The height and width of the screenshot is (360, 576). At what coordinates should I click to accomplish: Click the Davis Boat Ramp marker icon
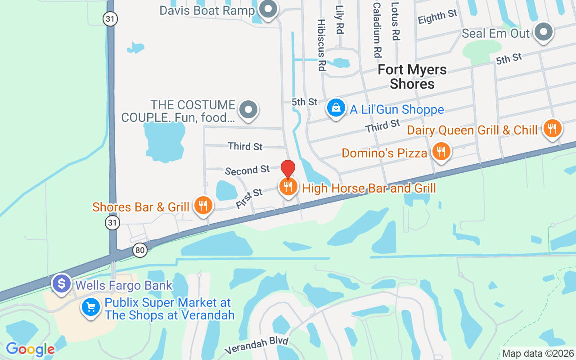[269, 9]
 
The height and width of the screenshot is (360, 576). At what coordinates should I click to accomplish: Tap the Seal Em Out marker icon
[544, 32]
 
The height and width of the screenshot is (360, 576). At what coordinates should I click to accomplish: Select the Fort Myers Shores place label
[412, 76]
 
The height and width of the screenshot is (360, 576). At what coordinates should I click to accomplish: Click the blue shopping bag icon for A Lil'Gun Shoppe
[336, 108]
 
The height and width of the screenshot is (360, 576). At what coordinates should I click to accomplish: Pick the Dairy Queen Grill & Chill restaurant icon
[552, 129]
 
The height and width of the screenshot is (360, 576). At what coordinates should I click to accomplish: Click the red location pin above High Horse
[288, 169]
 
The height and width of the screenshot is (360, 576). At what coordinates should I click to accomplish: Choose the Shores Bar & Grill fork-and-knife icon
[203, 206]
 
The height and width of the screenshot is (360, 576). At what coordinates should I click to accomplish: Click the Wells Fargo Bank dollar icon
[61, 284]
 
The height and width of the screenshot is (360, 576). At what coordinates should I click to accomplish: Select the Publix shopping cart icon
[91, 308]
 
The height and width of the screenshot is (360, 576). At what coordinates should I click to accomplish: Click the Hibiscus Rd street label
[321, 45]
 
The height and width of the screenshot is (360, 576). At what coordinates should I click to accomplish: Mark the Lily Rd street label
[340, 20]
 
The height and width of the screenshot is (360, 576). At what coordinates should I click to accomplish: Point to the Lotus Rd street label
[395, 21]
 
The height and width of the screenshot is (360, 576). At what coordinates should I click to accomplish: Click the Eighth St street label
[437, 18]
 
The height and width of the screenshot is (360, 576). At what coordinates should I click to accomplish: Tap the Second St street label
[247, 170]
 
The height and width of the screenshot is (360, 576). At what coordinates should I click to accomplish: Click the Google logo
[30, 349]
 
